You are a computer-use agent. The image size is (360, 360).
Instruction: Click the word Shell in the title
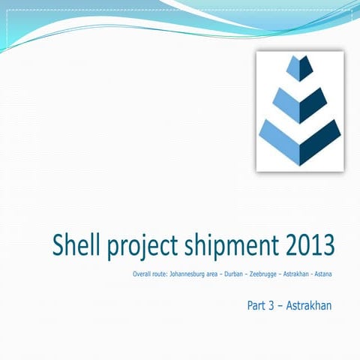[77, 245]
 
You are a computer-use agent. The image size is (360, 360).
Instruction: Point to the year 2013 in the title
[307, 245]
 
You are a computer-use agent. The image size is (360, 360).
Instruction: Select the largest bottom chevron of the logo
[299, 142]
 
